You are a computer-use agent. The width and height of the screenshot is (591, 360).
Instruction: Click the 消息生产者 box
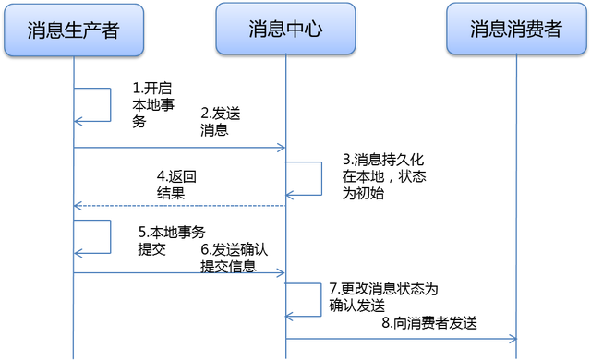pyautogui.click(x=74, y=30)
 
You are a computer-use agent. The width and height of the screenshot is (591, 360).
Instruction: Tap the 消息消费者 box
pyautogui.click(x=515, y=30)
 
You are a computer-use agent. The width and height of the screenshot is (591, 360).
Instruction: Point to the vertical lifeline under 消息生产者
pyautogui.click(x=74, y=314)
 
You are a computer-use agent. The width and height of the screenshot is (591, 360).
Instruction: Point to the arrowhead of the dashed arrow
pyautogui.click(x=79, y=205)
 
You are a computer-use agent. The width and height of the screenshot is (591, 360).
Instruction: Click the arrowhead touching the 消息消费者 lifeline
pyautogui.click(x=511, y=339)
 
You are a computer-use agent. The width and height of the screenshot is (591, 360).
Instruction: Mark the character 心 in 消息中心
pyautogui.click(x=313, y=30)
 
